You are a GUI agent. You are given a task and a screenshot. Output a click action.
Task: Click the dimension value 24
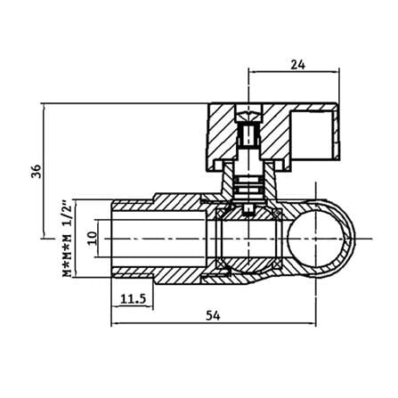pyautogui.click(x=297, y=64)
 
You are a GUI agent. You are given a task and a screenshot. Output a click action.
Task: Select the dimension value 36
pyautogui.click(x=36, y=171)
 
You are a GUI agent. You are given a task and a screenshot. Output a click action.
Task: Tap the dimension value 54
pyautogui.click(x=213, y=315)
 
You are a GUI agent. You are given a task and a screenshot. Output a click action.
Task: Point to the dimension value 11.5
pyautogui.click(x=134, y=299)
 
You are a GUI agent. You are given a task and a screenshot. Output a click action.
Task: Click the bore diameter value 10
pyautogui.click(x=93, y=238)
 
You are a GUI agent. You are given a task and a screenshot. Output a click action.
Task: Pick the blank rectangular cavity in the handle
pyautogui.click(x=311, y=135)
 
